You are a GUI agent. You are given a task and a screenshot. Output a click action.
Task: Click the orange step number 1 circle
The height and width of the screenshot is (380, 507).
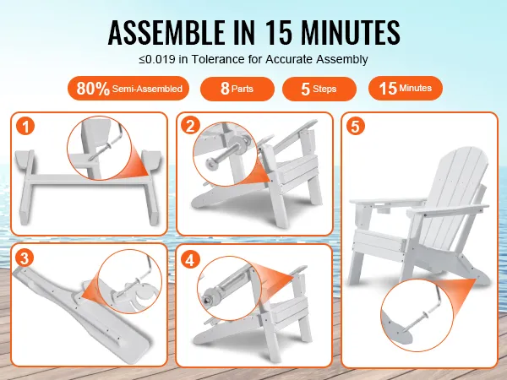coord(25,126)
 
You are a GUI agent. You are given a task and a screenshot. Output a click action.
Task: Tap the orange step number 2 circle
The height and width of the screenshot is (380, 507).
coord(190,125)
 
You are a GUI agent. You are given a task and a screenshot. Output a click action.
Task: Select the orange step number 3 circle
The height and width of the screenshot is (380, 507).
coord(25,258)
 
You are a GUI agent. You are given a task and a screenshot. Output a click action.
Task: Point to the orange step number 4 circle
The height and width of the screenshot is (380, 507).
coord(190,259)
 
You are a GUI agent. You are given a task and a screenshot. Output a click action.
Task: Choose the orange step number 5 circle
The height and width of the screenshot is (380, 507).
coord(356,126)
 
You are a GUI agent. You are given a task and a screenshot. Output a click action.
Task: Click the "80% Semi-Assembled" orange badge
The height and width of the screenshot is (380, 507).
coord(128,88)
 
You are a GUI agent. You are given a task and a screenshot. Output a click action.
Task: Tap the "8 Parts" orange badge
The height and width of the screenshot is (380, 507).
coord(237,89)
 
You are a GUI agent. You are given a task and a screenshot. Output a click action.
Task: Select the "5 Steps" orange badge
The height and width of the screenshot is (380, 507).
coord(319,89)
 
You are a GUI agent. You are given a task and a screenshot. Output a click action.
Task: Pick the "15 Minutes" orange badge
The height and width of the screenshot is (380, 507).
coord(406,88)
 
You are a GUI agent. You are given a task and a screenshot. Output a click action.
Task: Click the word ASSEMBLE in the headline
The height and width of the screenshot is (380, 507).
coord(166,32)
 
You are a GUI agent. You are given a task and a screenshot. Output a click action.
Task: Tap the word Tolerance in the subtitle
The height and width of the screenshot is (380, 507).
coord(218,59)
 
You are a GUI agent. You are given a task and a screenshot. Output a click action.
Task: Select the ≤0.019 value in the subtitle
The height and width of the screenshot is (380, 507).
coord(157,59)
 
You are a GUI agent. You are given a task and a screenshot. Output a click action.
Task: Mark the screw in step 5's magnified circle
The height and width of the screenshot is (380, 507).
coord(417,320)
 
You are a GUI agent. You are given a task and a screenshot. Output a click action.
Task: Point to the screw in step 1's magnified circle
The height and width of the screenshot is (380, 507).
coord(100,152)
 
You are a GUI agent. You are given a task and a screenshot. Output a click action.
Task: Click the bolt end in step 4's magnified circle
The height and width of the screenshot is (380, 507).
coord(207,299)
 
